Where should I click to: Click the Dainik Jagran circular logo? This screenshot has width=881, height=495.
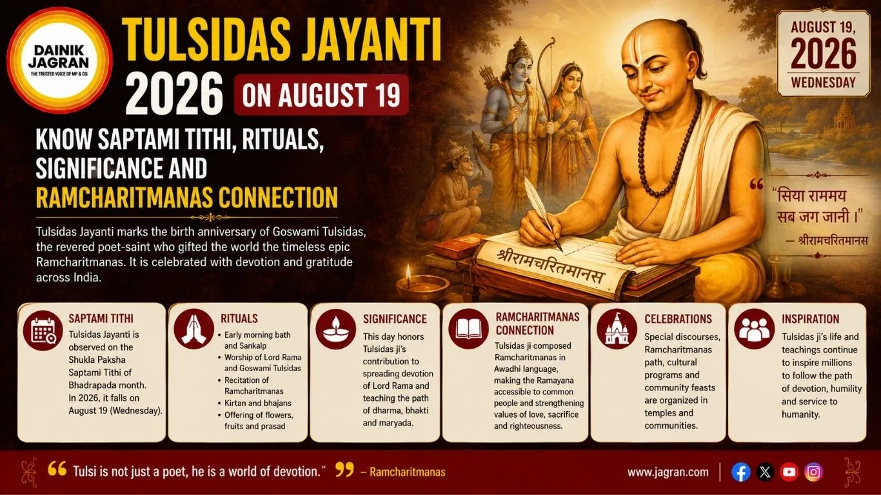[x=59, y=61]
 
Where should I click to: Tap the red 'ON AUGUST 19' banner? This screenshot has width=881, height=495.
[x=321, y=95]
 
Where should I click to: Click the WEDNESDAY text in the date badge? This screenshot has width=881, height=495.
[x=823, y=82]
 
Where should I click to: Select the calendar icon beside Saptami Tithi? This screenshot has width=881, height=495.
[x=43, y=330]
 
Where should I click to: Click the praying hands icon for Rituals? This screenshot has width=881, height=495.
[x=193, y=329]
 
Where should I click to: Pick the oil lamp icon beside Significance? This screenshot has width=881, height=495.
[x=335, y=329]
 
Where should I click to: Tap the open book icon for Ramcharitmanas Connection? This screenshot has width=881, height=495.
[x=468, y=329]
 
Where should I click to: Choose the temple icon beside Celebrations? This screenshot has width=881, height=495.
[x=617, y=329]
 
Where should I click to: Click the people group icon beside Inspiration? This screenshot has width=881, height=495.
[x=754, y=329]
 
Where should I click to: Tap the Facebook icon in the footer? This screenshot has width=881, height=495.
[x=741, y=472]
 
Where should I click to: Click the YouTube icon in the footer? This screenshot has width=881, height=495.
[x=789, y=472]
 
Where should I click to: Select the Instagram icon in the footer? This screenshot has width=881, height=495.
[x=813, y=472]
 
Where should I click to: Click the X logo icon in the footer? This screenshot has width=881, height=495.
[x=765, y=472]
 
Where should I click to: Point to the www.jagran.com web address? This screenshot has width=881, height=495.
[x=668, y=472]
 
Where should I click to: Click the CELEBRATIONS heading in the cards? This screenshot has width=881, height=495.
[x=678, y=319]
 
